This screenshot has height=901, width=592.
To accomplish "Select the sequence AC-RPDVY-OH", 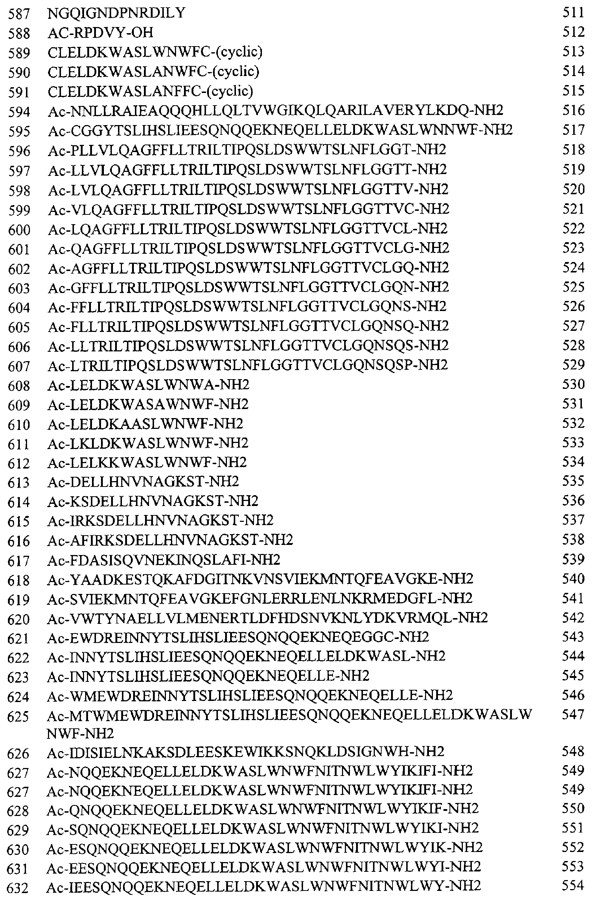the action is click(x=100, y=33).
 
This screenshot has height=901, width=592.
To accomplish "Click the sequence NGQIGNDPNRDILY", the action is click(x=117, y=13).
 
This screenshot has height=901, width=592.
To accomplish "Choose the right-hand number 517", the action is click(x=574, y=130).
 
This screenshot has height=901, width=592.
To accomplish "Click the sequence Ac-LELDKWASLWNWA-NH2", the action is click(x=149, y=385).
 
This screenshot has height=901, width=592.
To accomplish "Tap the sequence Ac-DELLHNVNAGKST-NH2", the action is click(x=143, y=482).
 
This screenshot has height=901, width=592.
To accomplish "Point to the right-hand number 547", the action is click(x=574, y=714).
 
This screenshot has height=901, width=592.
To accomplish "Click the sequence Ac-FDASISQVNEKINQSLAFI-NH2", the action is click(x=164, y=560).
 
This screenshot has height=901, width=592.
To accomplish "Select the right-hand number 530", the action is click(x=574, y=384).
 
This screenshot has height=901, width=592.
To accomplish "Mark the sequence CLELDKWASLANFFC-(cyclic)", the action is click(x=150, y=91).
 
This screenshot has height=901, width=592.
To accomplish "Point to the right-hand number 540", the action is click(x=574, y=579).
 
